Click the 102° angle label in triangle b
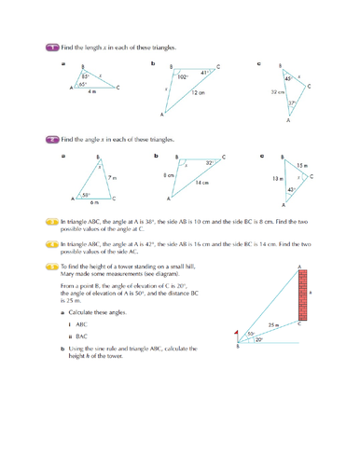click(x=182, y=78)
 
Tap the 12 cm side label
click(x=199, y=93)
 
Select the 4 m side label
click(x=91, y=92)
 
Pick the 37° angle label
click(x=292, y=103)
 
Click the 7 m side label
click(x=112, y=177)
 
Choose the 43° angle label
click(x=292, y=189)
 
